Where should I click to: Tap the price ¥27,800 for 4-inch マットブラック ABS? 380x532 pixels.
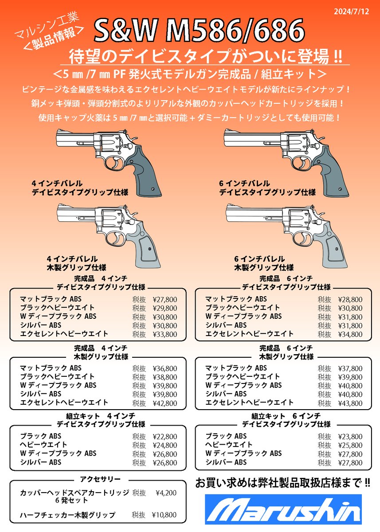165,299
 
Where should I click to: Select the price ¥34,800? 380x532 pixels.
350,334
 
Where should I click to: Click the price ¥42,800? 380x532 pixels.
165,403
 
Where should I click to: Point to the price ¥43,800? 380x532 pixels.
350,403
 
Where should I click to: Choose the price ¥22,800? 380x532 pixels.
165,437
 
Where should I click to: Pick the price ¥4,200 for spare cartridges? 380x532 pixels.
167,493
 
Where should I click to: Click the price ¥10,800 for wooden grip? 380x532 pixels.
165,515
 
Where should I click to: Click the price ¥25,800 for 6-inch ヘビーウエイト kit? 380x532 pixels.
350,445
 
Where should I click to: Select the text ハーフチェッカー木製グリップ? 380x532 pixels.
67,515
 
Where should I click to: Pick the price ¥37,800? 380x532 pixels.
350,368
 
